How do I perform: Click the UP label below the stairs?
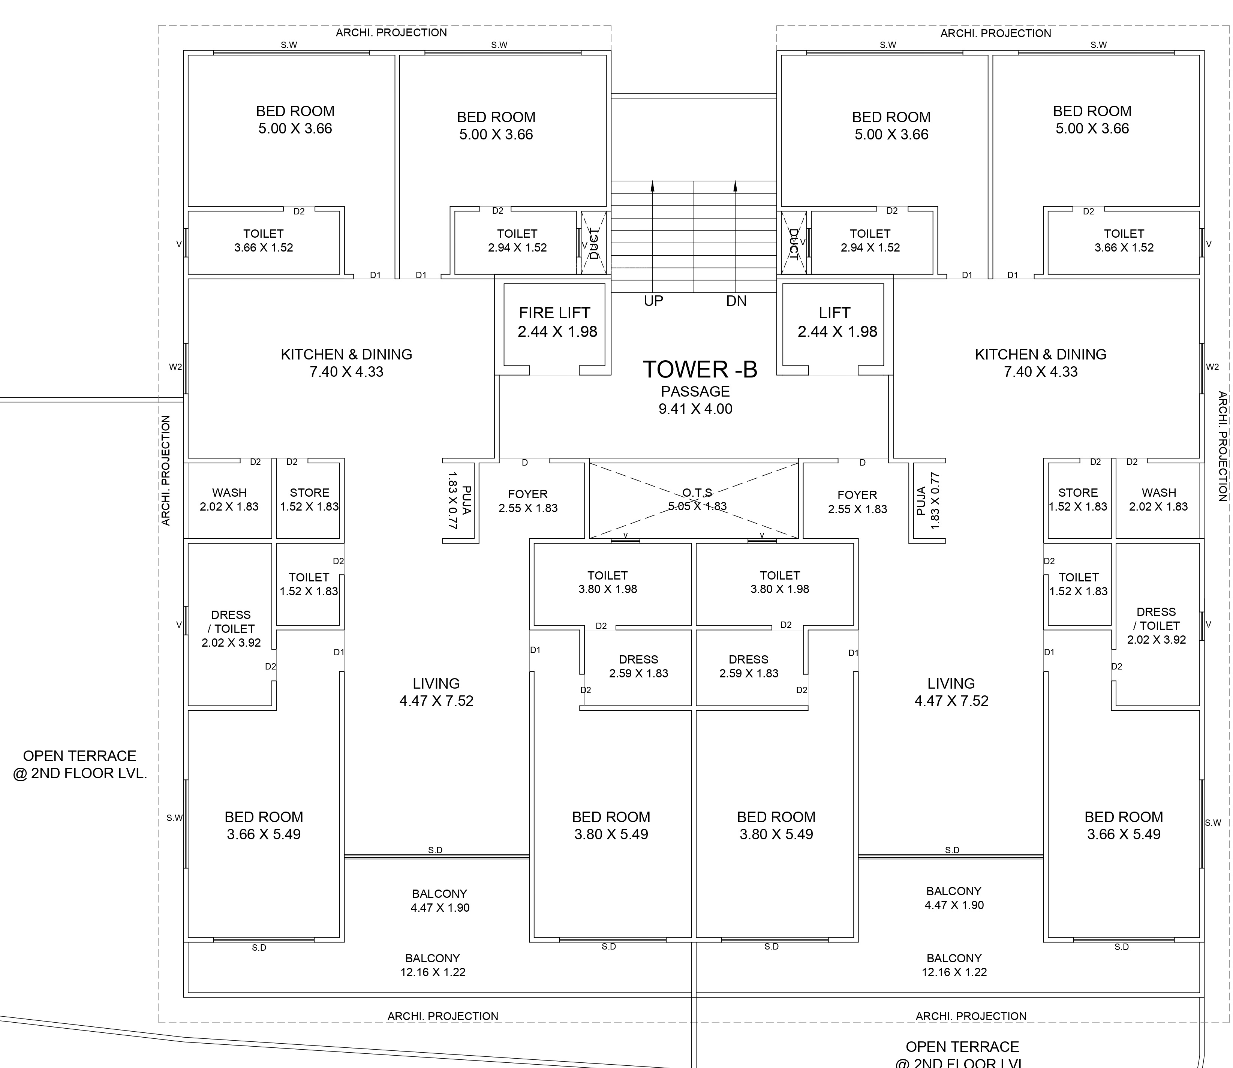point(653,301)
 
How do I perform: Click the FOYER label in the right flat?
point(857,502)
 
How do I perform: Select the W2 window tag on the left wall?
point(175,367)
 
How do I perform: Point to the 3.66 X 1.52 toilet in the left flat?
point(264,241)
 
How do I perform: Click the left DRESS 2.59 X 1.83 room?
point(638,666)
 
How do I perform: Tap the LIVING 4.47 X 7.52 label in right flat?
point(951,692)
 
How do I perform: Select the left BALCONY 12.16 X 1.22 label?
point(433,965)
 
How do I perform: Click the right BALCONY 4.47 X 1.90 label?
point(953,897)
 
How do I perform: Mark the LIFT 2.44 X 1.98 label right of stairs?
point(836,322)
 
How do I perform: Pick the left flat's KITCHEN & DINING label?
point(346,362)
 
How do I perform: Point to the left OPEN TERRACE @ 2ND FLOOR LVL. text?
point(80,764)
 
